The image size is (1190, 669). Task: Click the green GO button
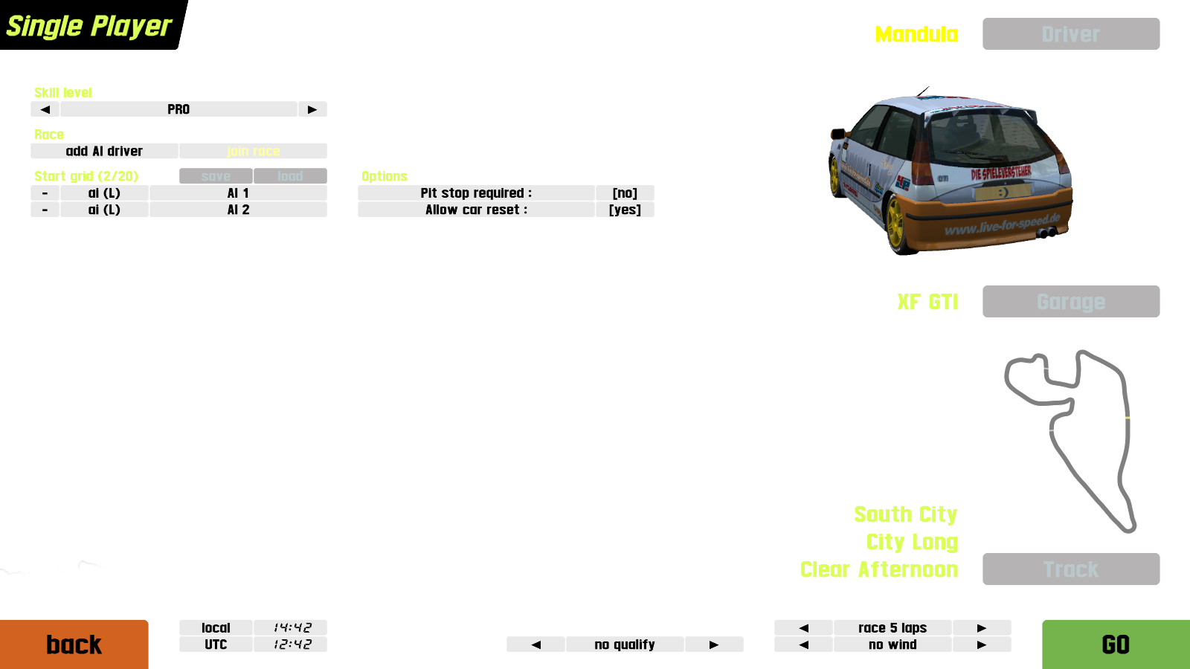point(1115,644)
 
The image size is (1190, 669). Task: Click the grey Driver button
point(1070,34)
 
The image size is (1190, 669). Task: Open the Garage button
point(1070,302)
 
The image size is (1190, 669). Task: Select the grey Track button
point(1070,569)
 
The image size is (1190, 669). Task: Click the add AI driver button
point(104,151)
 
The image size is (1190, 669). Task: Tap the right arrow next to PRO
point(312,109)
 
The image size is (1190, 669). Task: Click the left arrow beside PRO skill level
point(45,109)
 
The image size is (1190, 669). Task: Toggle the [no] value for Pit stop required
point(625,193)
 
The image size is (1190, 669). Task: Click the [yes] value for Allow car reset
point(625,210)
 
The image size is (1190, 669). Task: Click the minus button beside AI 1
point(45,193)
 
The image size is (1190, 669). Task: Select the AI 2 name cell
point(238,210)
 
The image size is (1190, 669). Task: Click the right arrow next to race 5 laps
point(981,628)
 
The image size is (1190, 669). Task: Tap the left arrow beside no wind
point(803,644)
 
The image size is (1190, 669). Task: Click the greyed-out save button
point(216,176)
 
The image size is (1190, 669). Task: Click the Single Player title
point(89,26)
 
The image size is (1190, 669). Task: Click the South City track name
point(905,514)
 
